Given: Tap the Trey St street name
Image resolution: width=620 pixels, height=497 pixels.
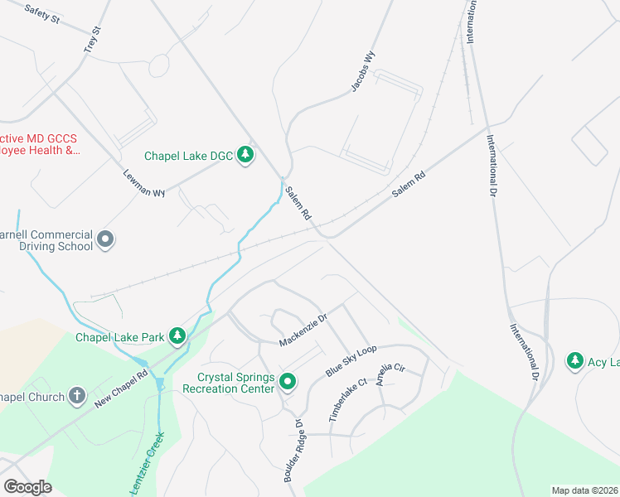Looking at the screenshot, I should tap(92, 41).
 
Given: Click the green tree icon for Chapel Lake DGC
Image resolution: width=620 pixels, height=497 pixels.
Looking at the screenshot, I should tap(245, 155).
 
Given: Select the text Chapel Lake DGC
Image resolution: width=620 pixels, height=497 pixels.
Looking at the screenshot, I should tap(188, 155).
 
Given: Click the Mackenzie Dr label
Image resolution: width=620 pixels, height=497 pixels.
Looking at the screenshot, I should tap(304, 327).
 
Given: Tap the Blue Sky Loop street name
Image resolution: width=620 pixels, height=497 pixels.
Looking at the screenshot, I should tap(351, 362).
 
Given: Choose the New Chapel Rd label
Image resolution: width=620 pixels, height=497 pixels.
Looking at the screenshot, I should tap(121, 386).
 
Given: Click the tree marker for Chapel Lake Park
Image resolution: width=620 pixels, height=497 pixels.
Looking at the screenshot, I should tap(177, 336).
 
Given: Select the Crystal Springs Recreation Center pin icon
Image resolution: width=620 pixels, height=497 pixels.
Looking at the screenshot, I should tap(288, 382).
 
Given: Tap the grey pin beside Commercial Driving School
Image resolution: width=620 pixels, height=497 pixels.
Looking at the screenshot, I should tap(105, 239).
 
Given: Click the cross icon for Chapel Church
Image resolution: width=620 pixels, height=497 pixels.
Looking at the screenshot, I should tap(77, 397).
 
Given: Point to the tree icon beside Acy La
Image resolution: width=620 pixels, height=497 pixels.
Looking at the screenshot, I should tap(574, 360).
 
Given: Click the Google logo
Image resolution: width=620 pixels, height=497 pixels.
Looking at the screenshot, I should tap(27, 487).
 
